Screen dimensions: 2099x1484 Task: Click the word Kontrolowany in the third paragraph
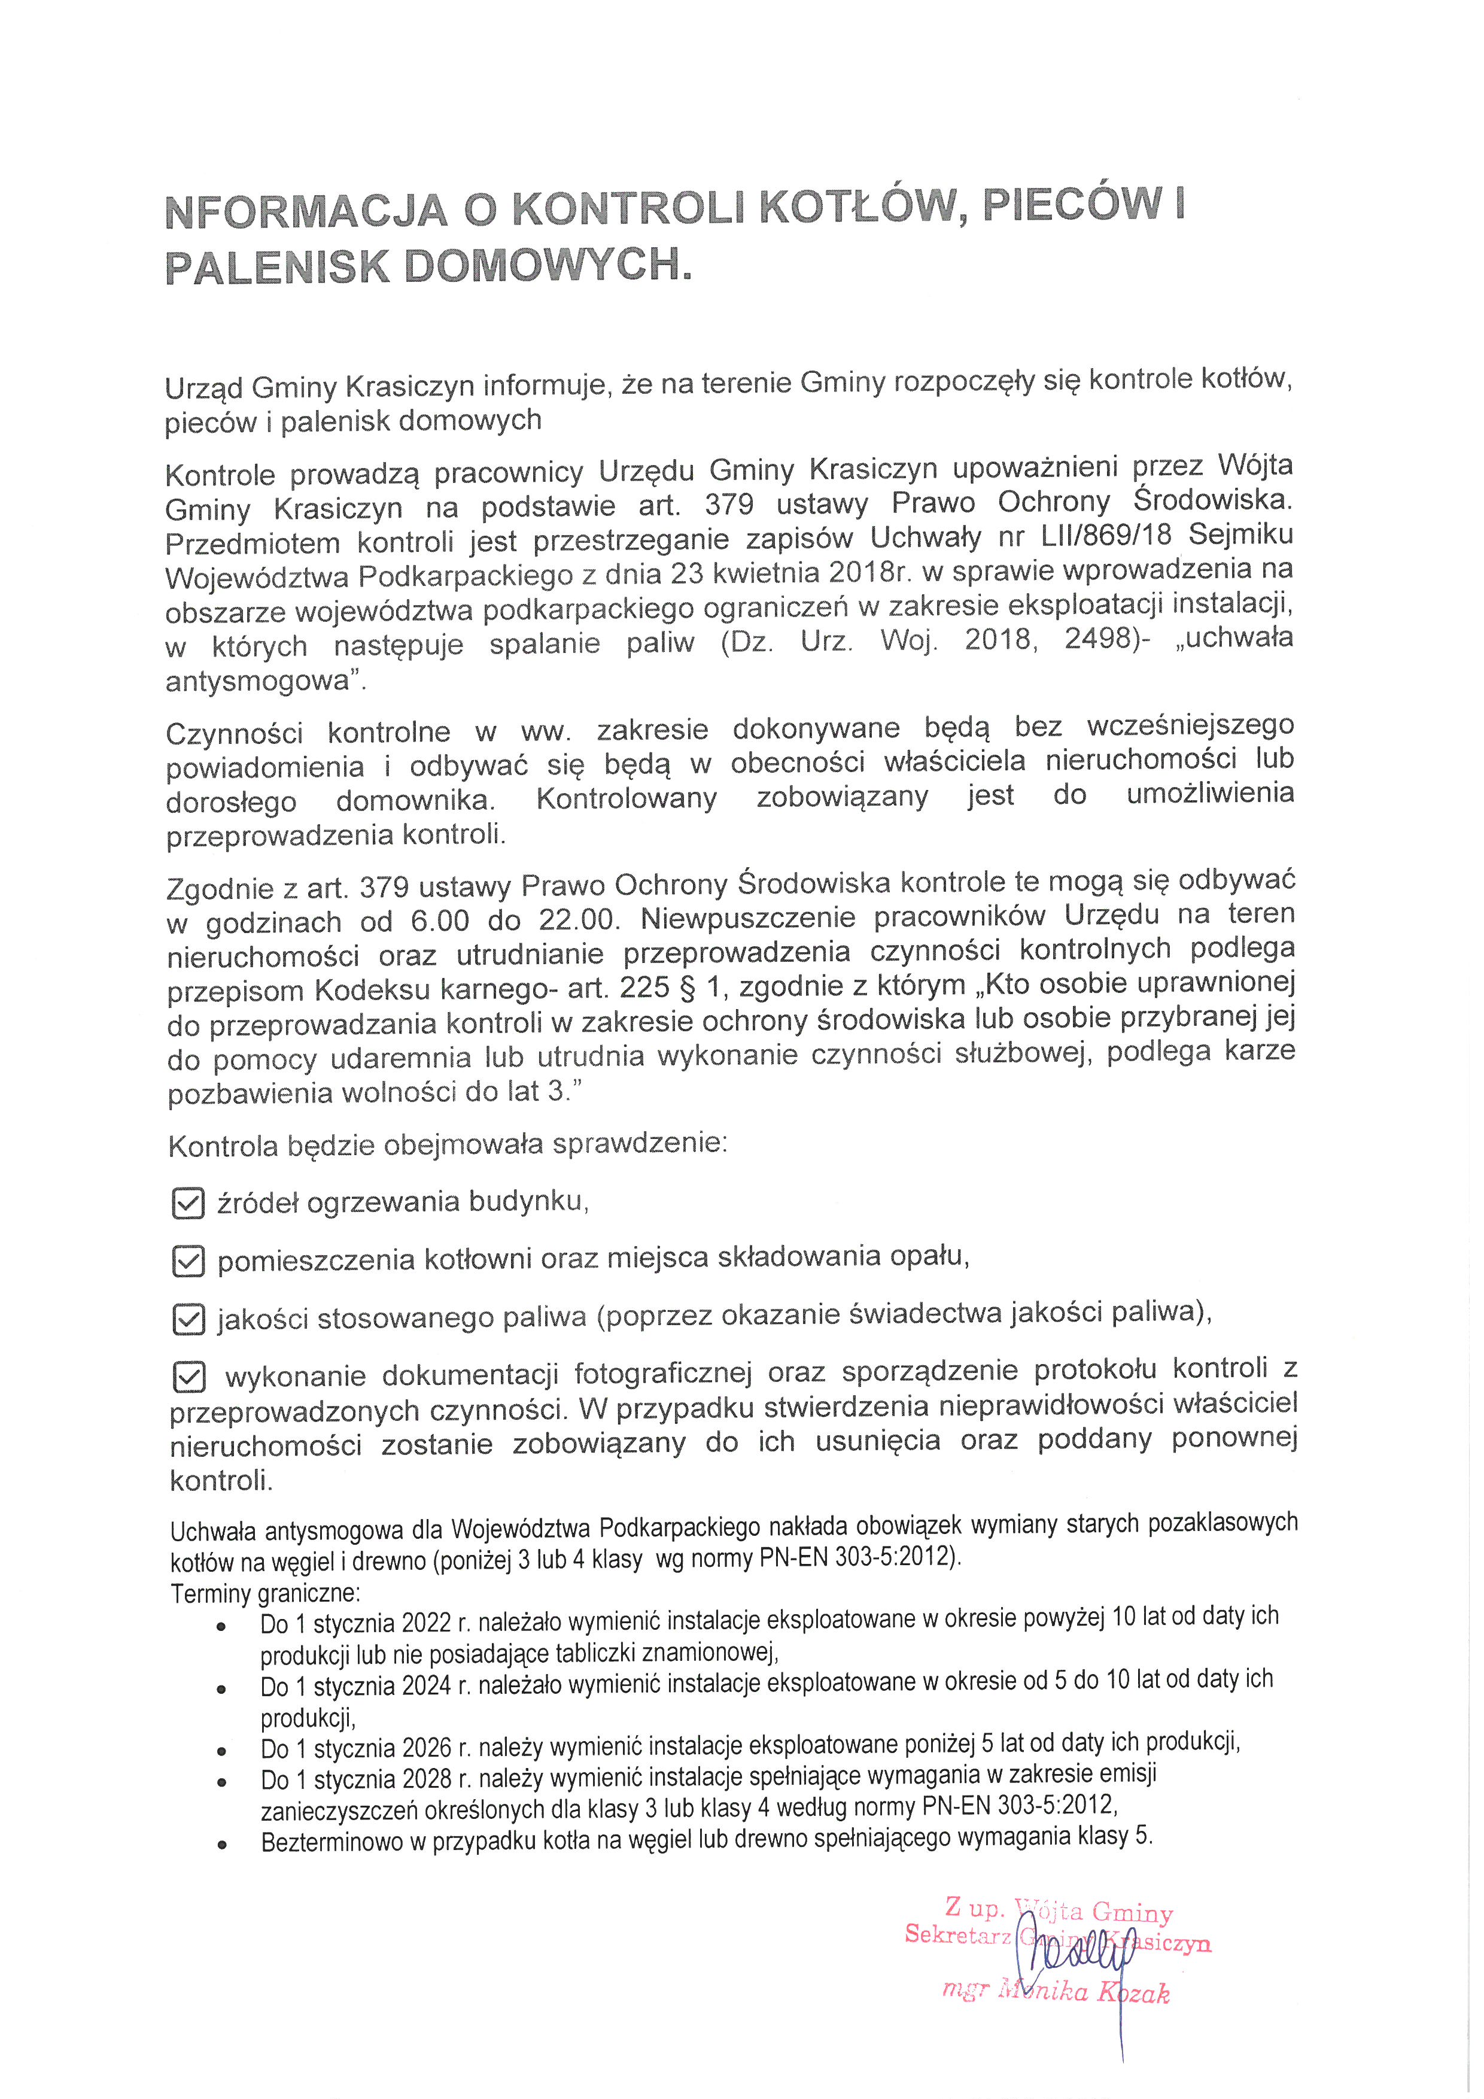[626, 798]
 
